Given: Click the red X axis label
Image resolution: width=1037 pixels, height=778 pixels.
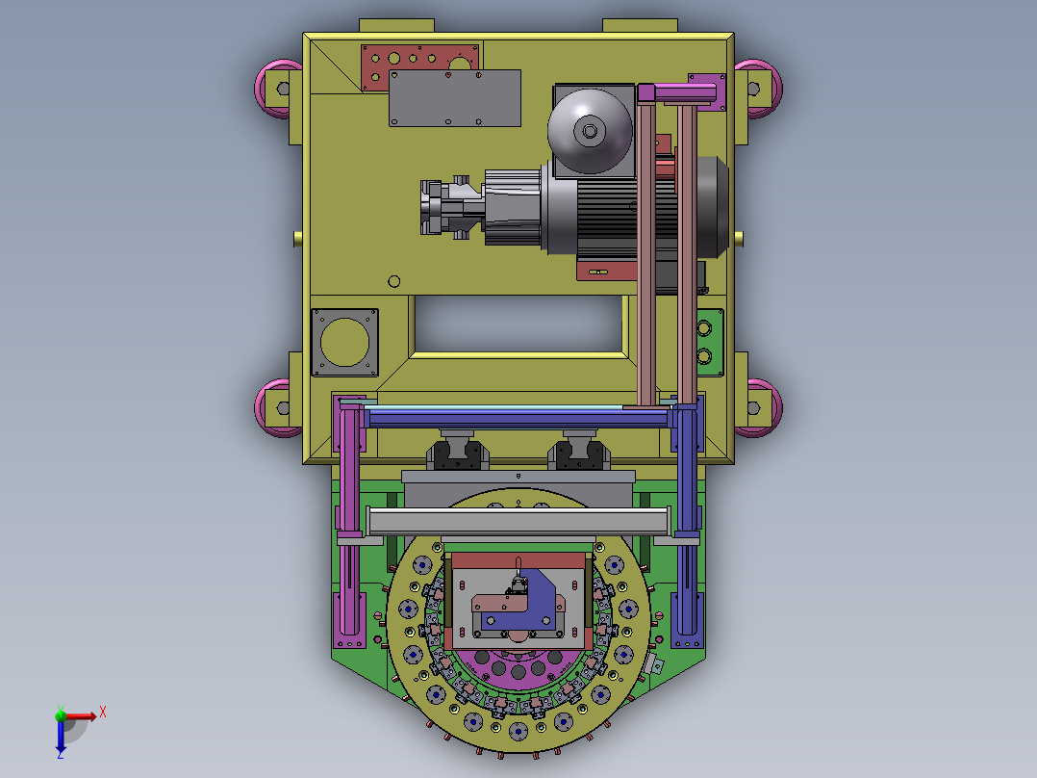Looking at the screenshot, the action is (103, 713).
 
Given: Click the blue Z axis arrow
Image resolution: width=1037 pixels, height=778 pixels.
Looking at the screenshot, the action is (61, 736).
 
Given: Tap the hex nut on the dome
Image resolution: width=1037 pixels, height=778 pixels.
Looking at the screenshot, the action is (590, 131).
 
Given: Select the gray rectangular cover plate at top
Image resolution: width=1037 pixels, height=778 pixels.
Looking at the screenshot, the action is (455, 98).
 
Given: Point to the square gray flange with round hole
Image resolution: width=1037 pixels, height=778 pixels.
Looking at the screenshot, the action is (344, 343).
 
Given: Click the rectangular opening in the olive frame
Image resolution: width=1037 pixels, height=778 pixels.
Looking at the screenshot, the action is (518, 324).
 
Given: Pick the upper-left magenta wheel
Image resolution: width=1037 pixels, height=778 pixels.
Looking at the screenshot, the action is (278, 89).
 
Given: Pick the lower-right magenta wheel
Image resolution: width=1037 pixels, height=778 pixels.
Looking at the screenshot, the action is (759, 408).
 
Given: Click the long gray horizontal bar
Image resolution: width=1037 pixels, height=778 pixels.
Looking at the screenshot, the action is (518, 522).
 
